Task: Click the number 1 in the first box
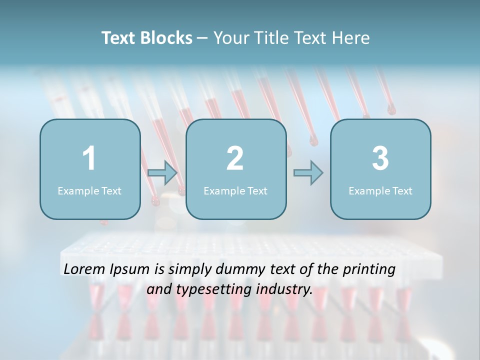(89, 158)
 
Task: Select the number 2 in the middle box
(235, 158)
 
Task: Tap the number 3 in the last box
(380, 158)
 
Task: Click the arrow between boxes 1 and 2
(163, 173)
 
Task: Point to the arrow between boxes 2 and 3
(308, 173)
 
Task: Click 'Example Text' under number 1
(89, 190)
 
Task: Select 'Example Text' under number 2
(235, 190)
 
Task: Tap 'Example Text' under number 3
(380, 190)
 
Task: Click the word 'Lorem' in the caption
(84, 269)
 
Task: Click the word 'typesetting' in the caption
(211, 289)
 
